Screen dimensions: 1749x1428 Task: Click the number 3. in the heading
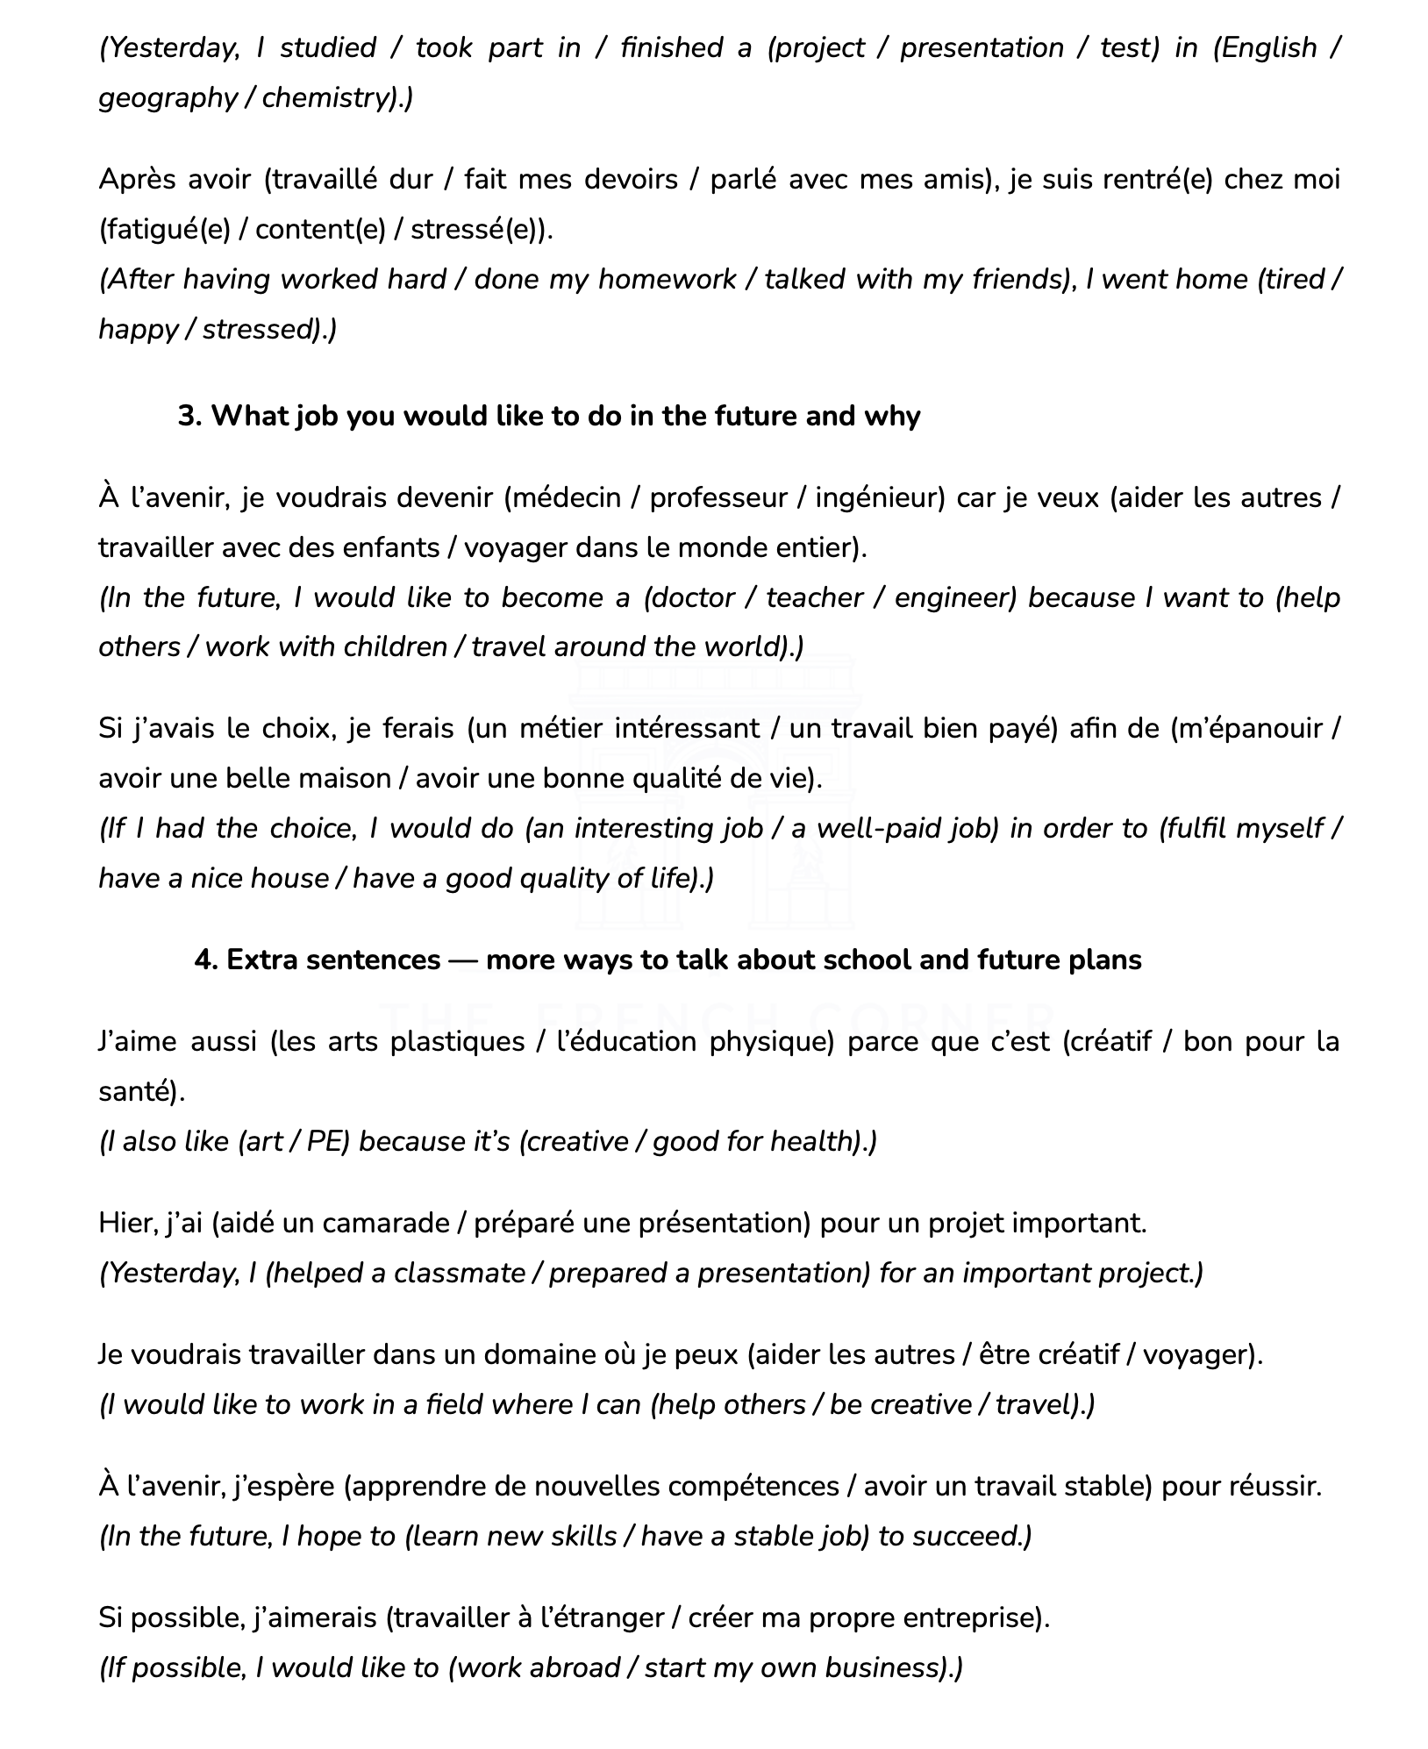[x=189, y=416]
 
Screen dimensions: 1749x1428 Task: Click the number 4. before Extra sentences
[x=205, y=960]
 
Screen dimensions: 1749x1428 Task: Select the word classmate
[x=459, y=1274]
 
